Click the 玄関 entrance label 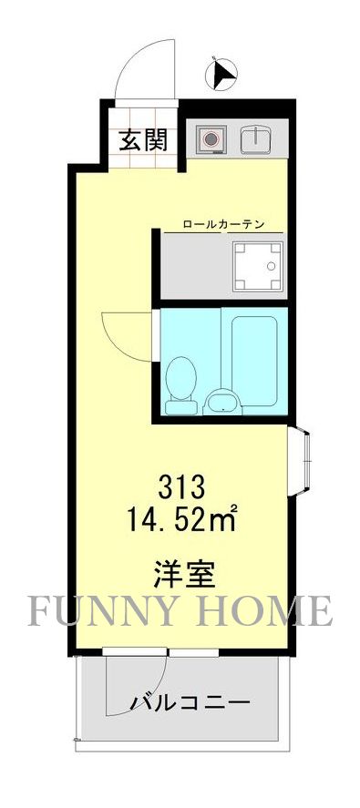142,140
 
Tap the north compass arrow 221,74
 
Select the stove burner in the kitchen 211,139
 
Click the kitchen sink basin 254,139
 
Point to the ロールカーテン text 223,222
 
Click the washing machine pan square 258,265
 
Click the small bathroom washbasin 220,401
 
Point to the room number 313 185,485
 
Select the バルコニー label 190,704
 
